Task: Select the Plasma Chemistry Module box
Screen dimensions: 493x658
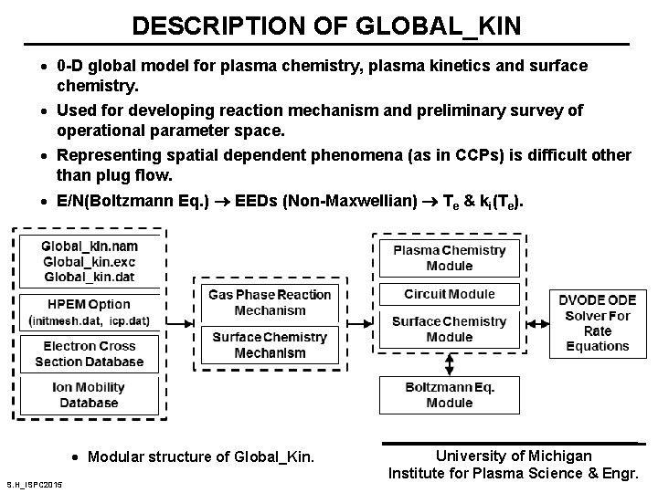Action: click(x=449, y=258)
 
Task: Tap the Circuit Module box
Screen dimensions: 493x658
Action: click(x=449, y=294)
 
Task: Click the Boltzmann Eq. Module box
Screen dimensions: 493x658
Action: click(x=449, y=394)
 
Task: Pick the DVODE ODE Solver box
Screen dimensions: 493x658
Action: click(x=598, y=322)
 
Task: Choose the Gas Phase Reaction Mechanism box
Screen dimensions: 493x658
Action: click(x=270, y=302)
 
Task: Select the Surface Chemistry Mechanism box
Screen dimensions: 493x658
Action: click(x=270, y=345)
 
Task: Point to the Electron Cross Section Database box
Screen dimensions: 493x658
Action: click(x=89, y=354)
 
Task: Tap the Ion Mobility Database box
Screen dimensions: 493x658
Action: click(x=89, y=394)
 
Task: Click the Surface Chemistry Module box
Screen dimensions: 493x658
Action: click(x=449, y=330)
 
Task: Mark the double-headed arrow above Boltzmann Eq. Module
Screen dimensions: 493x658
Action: click(x=449, y=362)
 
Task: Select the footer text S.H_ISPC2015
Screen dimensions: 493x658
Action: click(x=34, y=483)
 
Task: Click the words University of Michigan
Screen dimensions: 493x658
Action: click(x=513, y=456)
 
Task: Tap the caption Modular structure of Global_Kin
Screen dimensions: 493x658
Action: click(x=200, y=456)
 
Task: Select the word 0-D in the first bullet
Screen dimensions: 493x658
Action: click(x=69, y=67)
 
